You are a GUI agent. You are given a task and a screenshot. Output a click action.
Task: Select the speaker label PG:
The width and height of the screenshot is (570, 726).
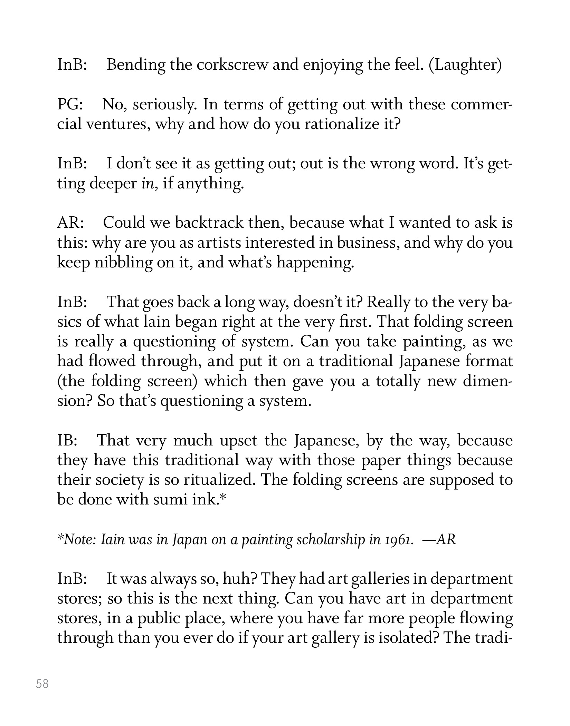pos(70,104)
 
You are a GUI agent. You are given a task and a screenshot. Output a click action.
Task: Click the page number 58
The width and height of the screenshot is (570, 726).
pos(42,684)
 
